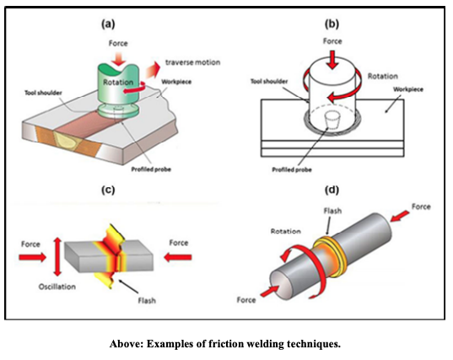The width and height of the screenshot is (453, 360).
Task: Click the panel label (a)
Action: coord(108,24)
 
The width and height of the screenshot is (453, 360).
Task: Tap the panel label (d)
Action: coord(332,190)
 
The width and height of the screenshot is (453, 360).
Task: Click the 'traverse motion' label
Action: coord(192,62)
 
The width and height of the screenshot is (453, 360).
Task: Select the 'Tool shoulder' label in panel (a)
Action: coord(43,93)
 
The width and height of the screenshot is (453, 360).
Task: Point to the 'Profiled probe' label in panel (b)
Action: coord(292,169)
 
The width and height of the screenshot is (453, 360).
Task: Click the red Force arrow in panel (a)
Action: coord(119,59)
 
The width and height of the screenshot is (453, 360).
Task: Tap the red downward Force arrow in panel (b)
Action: coord(332,60)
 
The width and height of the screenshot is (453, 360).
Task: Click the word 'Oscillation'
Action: coord(57,287)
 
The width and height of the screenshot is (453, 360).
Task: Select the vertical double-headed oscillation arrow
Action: coord(57,256)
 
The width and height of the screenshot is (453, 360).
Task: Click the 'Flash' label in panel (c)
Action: coord(147,300)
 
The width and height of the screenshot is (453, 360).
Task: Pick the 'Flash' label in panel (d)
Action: coord(332,211)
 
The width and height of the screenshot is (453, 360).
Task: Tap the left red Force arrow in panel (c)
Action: coord(32,257)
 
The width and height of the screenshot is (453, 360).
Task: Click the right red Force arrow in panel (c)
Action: coord(178,257)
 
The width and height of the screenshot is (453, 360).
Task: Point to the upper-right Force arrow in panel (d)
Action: coord(400,216)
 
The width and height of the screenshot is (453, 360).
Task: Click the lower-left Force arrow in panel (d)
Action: coord(270,291)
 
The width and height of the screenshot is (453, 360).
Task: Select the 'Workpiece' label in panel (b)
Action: coord(408,89)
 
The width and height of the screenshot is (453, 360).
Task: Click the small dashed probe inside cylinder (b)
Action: coord(332,120)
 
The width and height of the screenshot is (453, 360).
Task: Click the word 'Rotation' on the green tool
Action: coord(118,83)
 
